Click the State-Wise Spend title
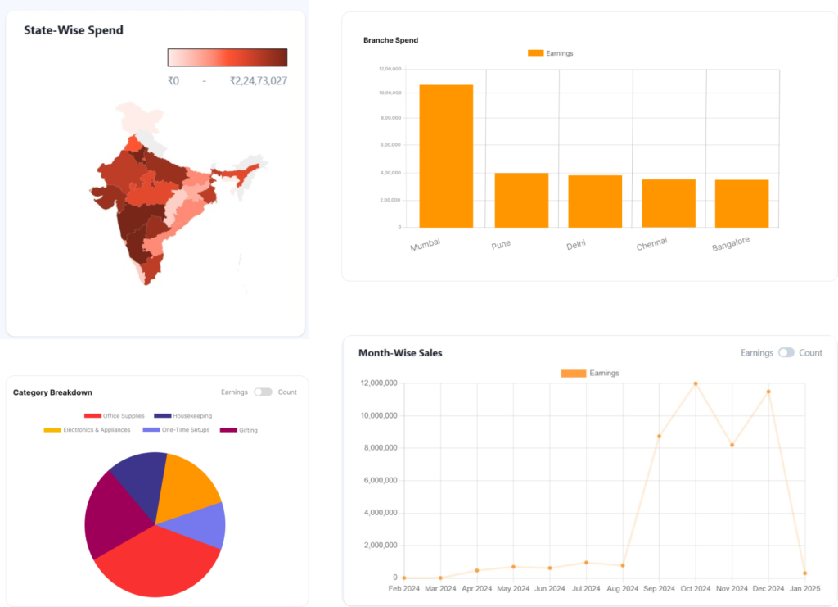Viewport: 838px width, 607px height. (x=74, y=30)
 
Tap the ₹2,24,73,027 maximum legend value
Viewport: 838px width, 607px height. (x=258, y=81)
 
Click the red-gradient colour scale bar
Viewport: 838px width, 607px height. (x=228, y=57)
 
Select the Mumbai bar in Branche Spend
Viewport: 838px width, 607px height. (x=446, y=156)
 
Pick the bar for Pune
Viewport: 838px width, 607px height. (x=521, y=200)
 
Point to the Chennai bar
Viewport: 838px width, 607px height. (x=669, y=203)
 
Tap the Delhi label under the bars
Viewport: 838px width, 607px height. (x=575, y=245)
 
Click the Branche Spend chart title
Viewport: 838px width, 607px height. (x=390, y=40)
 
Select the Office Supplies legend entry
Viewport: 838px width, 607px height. (x=114, y=416)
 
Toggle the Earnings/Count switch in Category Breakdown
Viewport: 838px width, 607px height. (x=263, y=392)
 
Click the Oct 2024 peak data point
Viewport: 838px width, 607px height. (x=696, y=383)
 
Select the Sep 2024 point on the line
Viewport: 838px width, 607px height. (x=659, y=436)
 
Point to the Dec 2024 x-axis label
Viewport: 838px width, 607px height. (x=768, y=589)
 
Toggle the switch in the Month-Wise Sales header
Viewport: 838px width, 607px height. (x=786, y=353)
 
